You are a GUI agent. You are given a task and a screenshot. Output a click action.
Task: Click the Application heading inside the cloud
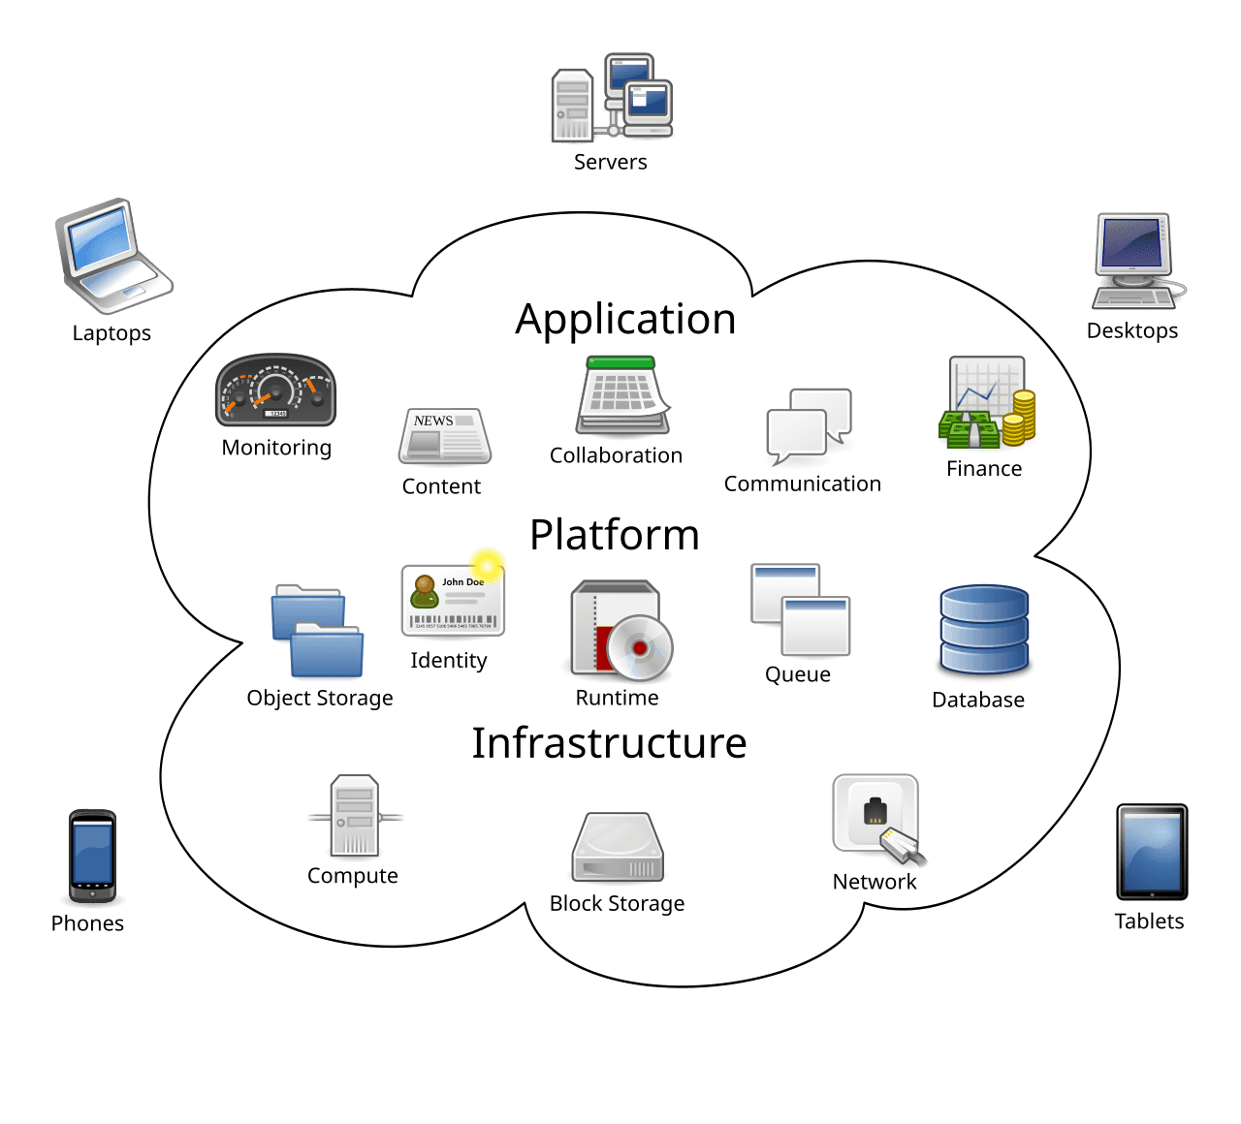pos(625,320)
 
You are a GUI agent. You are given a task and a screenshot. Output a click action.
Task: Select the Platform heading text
pos(614,536)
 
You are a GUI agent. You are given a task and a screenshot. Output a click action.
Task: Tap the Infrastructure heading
pos(609,743)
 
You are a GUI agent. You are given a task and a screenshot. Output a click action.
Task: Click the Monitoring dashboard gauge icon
pos(275,390)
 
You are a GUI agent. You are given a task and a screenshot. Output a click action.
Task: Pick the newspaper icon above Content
pos(444,436)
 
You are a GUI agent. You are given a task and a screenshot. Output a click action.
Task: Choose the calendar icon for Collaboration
pos(622,396)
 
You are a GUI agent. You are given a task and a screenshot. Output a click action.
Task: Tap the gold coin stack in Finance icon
pos(1019,417)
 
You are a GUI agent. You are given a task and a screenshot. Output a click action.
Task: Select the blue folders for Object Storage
pos(317,631)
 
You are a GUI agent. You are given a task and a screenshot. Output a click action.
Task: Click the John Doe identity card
pos(453,601)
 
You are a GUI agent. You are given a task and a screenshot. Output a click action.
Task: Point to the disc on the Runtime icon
pos(639,647)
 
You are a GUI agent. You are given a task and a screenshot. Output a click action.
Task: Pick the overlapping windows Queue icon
pos(800,610)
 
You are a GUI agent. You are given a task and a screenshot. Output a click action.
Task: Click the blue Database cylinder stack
pos(983,630)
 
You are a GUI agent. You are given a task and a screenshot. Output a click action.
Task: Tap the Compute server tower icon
pos(354,816)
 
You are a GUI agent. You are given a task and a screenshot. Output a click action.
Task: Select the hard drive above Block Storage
pos(618,848)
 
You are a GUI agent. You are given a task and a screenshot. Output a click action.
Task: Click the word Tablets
pos(1149,921)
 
